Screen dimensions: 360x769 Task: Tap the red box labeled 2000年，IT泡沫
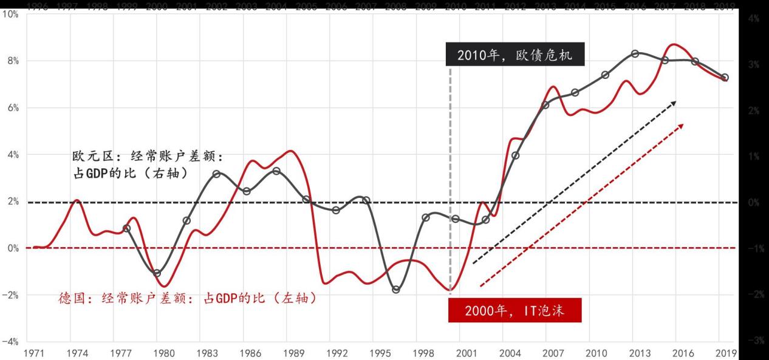click(x=515, y=311)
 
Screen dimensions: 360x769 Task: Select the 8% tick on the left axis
click(x=13, y=61)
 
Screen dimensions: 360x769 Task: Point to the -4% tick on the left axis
click(x=12, y=342)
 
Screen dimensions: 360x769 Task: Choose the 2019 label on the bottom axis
click(x=725, y=353)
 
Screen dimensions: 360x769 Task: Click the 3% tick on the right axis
click(x=754, y=64)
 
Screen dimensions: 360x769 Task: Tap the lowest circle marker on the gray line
click(x=396, y=290)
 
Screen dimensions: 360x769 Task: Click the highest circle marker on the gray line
click(x=635, y=53)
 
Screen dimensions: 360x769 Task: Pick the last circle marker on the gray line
click(x=725, y=78)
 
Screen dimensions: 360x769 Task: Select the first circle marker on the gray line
click(x=126, y=228)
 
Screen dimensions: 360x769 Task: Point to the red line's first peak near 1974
click(x=77, y=200)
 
